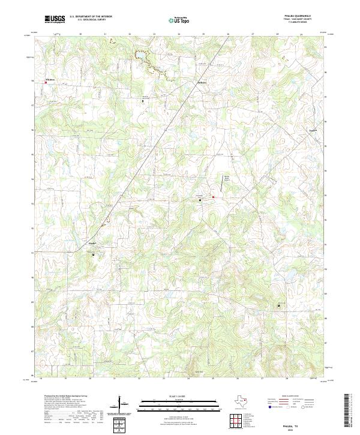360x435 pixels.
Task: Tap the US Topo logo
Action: (x=176, y=20)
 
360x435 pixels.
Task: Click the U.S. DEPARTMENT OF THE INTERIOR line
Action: (x=91, y=17)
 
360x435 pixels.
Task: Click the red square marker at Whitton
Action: (x=45, y=83)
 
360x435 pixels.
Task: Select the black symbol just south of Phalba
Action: (x=94, y=254)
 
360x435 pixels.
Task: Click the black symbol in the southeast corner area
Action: (x=278, y=305)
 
